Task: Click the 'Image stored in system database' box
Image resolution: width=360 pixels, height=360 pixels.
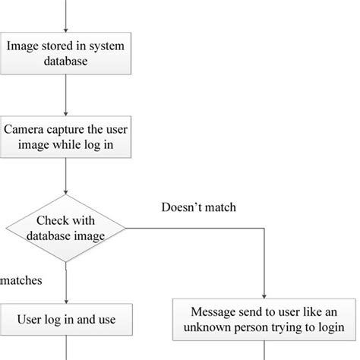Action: (65, 53)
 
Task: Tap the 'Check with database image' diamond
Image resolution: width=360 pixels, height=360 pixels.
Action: (65, 227)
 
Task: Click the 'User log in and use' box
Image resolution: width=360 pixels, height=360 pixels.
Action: (65, 319)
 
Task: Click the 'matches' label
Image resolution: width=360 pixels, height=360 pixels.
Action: (21, 280)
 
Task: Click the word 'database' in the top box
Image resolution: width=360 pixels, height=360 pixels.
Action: (65, 62)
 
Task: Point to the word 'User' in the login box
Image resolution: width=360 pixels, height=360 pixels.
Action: (30, 320)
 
